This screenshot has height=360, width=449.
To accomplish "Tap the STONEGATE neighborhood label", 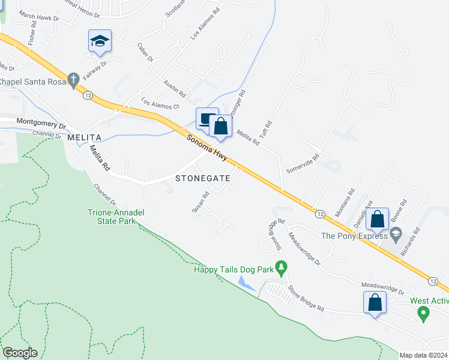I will (202, 178).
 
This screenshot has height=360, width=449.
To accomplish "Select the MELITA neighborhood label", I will (82, 137).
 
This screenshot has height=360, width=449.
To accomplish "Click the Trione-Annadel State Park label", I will (116, 217).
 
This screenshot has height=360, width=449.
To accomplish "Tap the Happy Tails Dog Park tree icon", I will (280, 266).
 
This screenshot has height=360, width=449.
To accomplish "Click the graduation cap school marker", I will (100, 41).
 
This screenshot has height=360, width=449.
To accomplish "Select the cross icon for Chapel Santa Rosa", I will (73, 79).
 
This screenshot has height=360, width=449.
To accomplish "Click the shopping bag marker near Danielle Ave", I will (378, 219).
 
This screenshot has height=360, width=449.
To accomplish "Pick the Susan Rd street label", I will (200, 202).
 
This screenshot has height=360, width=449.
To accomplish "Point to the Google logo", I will (20, 353).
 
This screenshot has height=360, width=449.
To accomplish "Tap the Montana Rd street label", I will (345, 203).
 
